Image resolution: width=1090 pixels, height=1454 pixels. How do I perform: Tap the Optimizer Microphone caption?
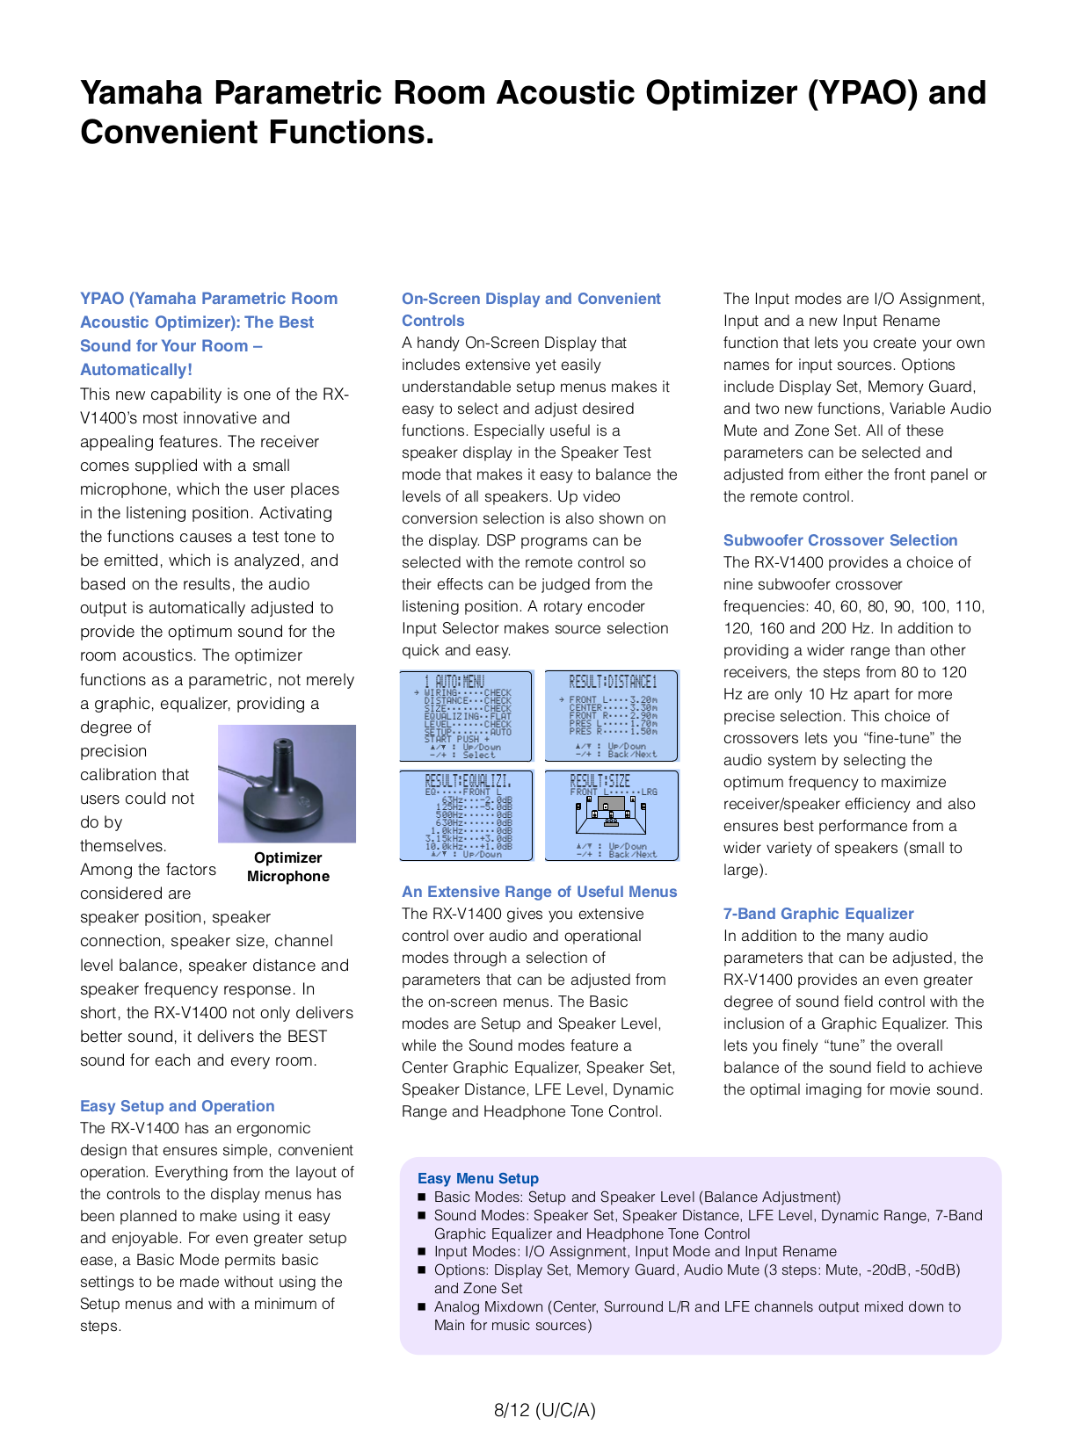point(287,866)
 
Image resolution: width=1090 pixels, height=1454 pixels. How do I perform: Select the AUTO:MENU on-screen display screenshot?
point(466,716)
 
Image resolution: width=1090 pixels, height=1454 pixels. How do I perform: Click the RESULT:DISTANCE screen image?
point(612,716)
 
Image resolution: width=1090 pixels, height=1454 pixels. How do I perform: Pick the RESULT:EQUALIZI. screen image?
point(466,815)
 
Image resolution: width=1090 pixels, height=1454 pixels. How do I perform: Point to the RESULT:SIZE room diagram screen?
point(612,815)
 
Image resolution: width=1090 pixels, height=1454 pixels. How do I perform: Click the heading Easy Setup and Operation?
point(177,1106)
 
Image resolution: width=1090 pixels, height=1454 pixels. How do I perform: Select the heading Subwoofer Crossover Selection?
point(839,540)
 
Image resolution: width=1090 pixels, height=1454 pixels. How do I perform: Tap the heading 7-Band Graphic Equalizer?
point(817,914)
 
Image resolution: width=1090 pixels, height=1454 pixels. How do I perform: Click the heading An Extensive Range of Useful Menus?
point(539,892)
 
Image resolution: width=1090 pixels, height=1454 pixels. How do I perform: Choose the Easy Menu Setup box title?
point(477,1178)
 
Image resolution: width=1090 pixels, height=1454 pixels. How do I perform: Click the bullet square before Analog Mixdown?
point(422,1306)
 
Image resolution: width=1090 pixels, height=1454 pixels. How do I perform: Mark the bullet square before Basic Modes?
point(422,1197)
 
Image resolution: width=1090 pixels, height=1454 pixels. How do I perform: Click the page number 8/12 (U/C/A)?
point(544,1410)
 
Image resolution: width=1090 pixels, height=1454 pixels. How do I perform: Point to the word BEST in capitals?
point(307,1037)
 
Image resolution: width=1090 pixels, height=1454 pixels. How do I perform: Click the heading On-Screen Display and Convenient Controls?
point(531,309)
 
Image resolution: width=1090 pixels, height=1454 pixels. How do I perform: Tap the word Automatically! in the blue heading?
point(136,370)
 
